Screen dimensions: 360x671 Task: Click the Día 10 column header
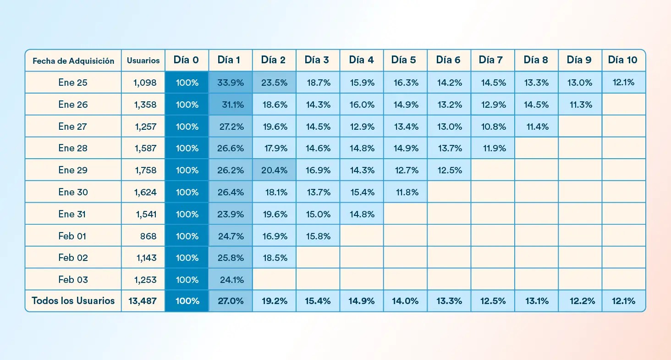coord(623,60)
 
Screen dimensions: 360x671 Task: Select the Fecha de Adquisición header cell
coord(73,61)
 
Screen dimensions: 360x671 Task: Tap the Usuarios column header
coord(143,61)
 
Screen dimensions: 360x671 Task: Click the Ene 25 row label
coord(73,83)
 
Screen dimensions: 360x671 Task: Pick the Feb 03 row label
coord(73,280)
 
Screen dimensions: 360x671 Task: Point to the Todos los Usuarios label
coord(73,301)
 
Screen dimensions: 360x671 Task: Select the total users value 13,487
coord(143,301)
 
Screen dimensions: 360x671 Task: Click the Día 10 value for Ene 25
coord(623,83)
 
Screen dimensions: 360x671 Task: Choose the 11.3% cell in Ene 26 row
coord(580,105)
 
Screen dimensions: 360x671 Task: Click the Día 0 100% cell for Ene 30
coord(187,192)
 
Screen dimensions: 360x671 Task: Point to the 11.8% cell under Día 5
coord(406,192)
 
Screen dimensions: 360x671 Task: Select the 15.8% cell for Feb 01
coord(318,236)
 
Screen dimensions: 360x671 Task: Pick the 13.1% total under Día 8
coord(536,301)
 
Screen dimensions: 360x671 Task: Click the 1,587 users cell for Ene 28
coord(143,148)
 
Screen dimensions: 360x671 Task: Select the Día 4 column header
coord(362,60)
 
